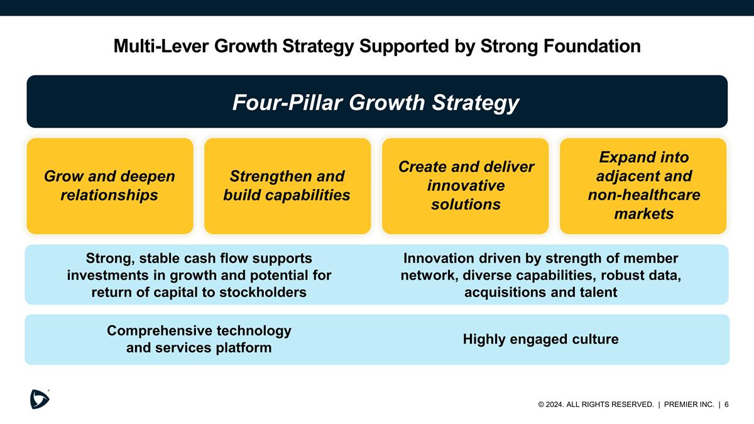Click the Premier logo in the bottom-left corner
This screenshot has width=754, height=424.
tap(40, 399)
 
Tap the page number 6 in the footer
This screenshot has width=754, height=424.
tap(726, 405)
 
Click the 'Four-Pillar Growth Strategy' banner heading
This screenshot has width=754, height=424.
tap(376, 102)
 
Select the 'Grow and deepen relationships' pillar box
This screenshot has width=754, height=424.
tap(109, 186)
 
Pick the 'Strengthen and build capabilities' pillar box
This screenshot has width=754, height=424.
tap(287, 186)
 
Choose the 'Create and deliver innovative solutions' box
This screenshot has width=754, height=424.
tap(465, 186)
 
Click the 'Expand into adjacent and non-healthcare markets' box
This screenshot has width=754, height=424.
tap(643, 186)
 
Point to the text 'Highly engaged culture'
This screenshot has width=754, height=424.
tap(540, 340)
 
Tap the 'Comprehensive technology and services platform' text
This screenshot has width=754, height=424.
tap(199, 339)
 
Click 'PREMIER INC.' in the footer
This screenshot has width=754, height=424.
tap(689, 405)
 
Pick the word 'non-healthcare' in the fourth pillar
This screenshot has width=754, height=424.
tap(643, 195)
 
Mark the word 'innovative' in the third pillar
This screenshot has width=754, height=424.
tap(465, 186)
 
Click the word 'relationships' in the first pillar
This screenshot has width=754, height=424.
tap(109, 195)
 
